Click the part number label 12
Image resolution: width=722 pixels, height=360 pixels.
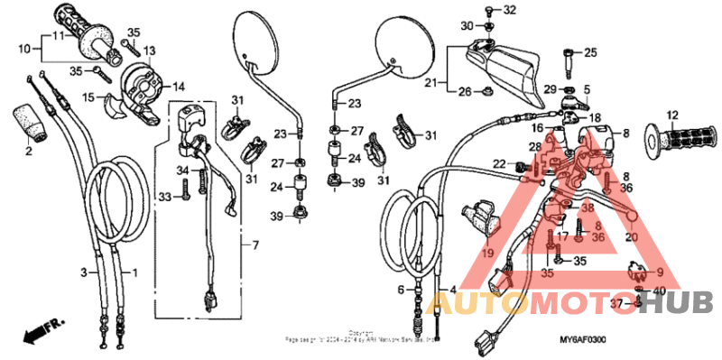[671, 115]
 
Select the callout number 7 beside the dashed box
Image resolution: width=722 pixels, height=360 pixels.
[255, 245]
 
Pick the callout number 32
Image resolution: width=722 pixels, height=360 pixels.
[510, 10]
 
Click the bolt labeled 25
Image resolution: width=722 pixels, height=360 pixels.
[568, 62]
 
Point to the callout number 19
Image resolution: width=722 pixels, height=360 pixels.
[487, 254]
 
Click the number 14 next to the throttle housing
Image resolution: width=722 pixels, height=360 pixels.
[179, 88]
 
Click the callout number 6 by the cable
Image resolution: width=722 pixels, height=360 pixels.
[400, 290]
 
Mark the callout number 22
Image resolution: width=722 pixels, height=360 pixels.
[498, 163]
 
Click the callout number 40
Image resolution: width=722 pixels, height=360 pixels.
[659, 291]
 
